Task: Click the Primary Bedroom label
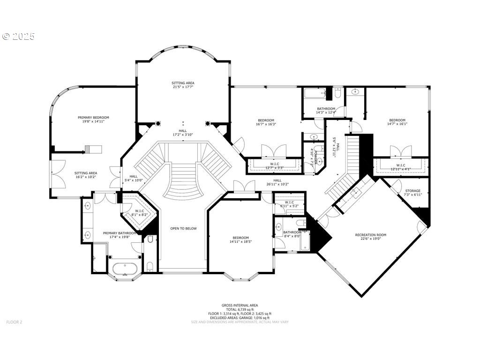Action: coord(93,118)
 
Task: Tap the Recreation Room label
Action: coord(371,235)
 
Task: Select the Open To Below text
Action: coord(183,228)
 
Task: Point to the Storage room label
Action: coord(412,191)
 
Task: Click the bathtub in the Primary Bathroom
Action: coord(125,269)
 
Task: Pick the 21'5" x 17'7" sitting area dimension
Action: coord(183,87)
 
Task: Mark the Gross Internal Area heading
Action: coord(240,305)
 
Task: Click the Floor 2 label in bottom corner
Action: coord(14,322)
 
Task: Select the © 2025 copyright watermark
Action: coord(19,37)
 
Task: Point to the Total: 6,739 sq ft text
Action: coord(240,309)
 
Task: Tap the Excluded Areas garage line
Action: coord(240,318)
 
